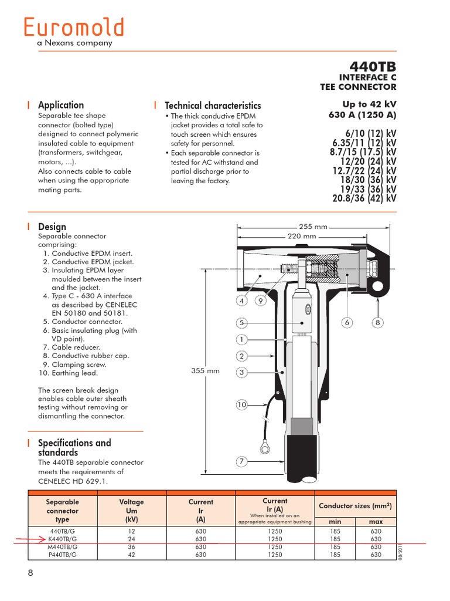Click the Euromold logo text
click(x=74, y=28)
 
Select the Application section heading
click(x=61, y=105)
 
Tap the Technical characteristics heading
click(x=213, y=106)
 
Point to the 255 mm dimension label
click(x=312, y=227)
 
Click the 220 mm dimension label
click(x=301, y=236)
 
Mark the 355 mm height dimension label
click(x=206, y=370)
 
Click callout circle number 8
click(x=378, y=322)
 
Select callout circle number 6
click(x=347, y=322)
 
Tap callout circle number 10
click(x=241, y=405)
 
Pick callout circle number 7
click(x=241, y=461)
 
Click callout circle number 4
click(x=241, y=301)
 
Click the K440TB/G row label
click(x=62, y=539)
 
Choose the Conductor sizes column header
click(x=355, y=506)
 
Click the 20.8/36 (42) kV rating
click(x=364, y=198)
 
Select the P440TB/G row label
click(x=62, y=555)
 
